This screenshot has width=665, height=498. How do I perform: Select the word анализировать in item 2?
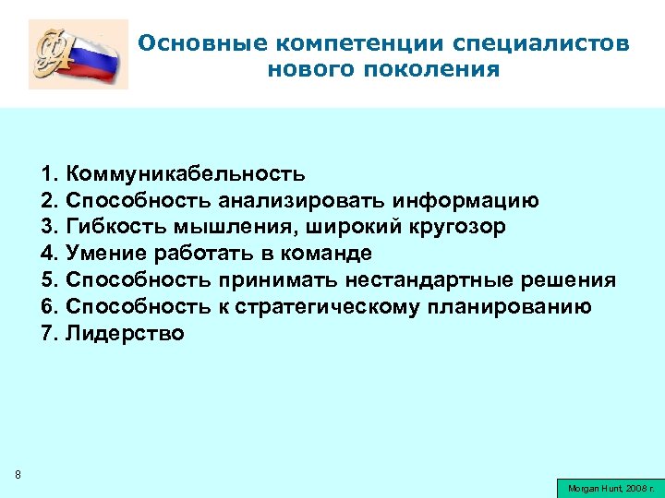(303, 201)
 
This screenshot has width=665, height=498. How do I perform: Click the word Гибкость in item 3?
(113, 227)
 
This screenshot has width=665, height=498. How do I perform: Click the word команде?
(318, 254)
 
